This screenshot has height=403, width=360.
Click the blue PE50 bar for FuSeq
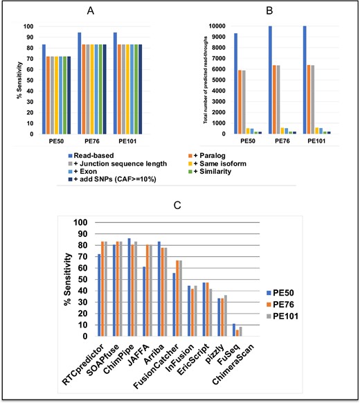tap(234, 330)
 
